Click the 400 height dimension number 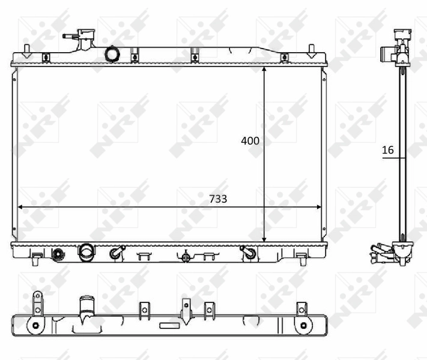pyautogui.click(x=250, y=141)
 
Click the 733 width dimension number pyautogui.click(x=218, y=199)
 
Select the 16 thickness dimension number pyautogui.click(x=388, y=150)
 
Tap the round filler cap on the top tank pyautogui.click(x=112, y=54)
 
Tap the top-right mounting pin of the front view pyautogui.click(x=311, y=48)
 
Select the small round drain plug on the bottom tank pyautogui.click(x=59, y=254)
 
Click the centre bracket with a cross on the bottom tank pyautogui.click(x=186, y=257)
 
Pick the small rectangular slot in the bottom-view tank pyautogui.click(x=169, y=326)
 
